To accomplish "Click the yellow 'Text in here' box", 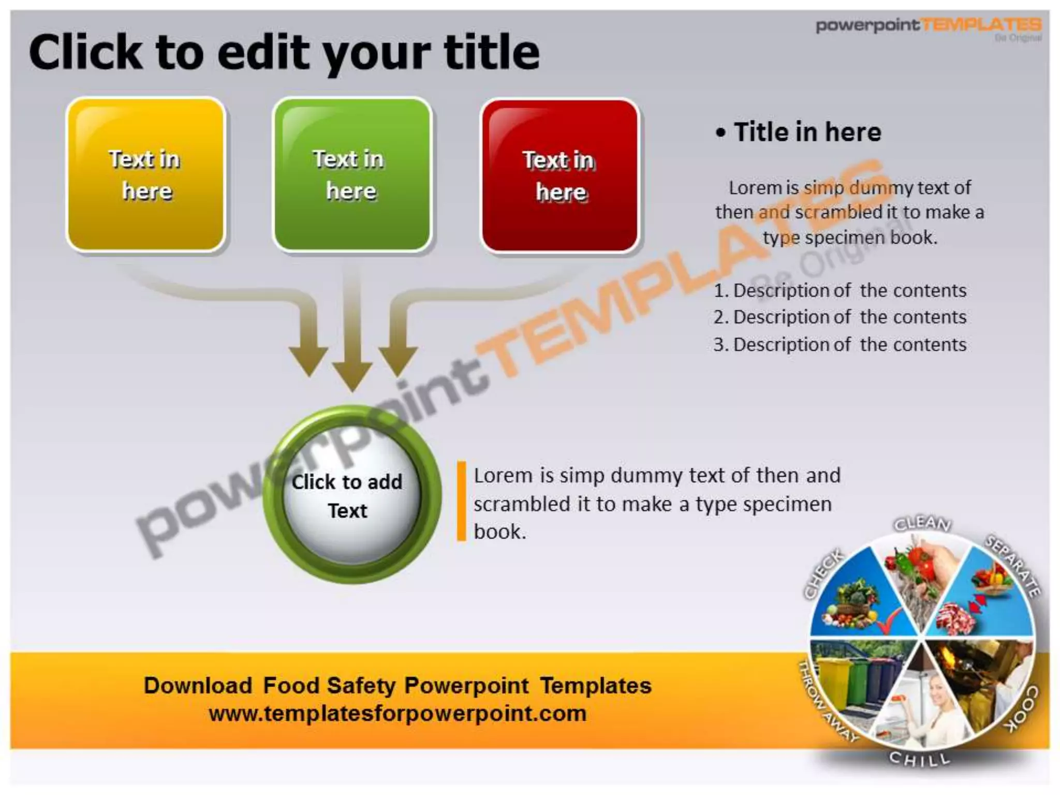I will pyautogui.click(x=146, y=174).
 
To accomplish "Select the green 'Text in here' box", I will pyautogui.click(x=352, y=174).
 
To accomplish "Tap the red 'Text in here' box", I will pyautogui.click(x=560, y=175).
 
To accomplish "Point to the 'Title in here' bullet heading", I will pyautogui.click(x=807, y=132).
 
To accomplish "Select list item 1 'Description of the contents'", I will pyautogui.click(x=849, y=290).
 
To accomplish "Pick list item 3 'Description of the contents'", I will pyautogui.click(x=849, y=345).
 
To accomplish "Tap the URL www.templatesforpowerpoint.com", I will pyautogui.click(x=397, y=714).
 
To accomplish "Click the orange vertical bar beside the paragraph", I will pyautogui.click(x=461, y=501).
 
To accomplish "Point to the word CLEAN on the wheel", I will pyautogui.click(x=922, y=523).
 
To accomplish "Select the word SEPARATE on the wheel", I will pyautogui.click(x=1012, y=565).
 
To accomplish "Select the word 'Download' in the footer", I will pyautogui.click(x=198, y=686).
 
